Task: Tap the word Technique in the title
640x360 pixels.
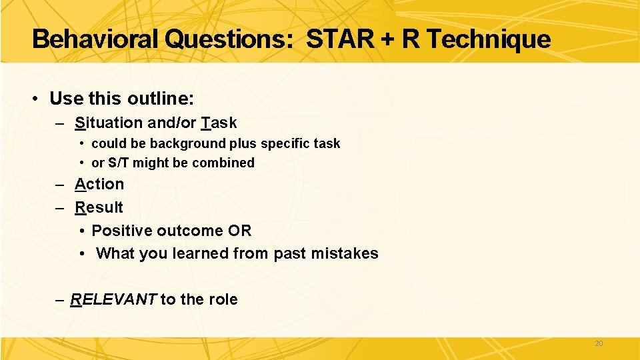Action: tap(488, 39)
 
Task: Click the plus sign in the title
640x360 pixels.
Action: tap(387, 40)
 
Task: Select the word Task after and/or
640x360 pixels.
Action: tap(219, 123)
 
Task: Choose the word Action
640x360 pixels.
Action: tap(99, 184)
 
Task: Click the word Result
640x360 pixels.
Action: tap(99, 207)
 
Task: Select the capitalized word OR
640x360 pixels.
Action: tap(239, 231)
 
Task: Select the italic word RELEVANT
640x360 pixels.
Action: tap(113, 299)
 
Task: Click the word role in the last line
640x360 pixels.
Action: tap(223, 299)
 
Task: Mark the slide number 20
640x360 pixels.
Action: tap(598, 343)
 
